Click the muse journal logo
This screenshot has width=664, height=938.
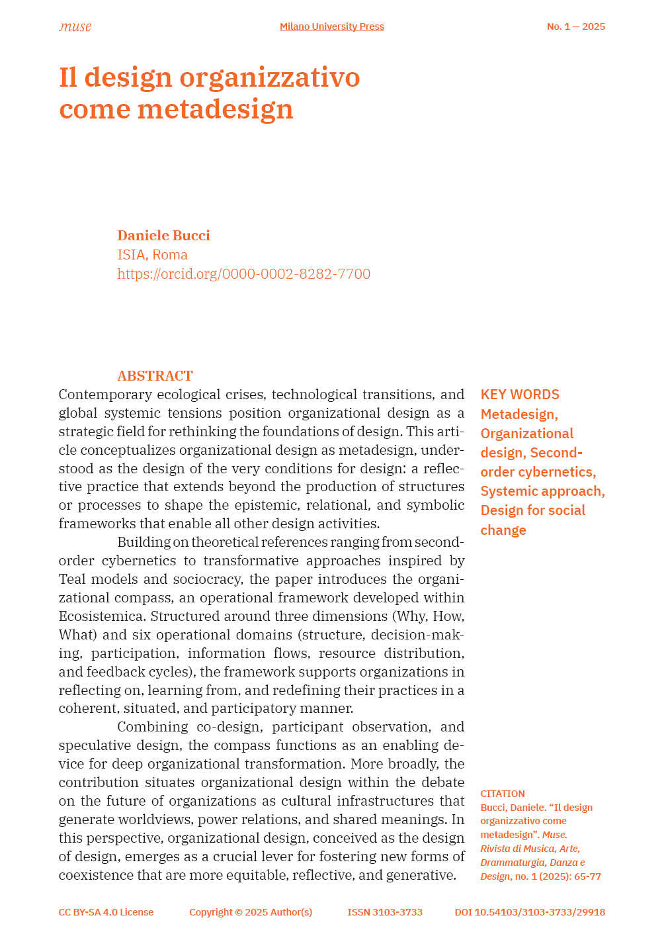75,27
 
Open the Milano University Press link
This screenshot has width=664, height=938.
331,26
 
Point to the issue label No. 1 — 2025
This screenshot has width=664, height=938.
575,26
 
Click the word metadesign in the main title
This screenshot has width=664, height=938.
215,109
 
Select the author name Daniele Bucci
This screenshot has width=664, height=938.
163,236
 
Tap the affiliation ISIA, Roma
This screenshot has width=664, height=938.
152,255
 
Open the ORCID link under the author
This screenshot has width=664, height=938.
243,274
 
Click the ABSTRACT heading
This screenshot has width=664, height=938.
155,376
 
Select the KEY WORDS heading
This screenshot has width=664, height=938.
520,395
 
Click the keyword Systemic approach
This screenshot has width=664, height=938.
542,491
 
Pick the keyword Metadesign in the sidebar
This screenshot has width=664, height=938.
519,414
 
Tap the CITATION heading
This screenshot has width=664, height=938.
503,794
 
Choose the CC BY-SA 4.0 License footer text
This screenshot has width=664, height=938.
106,912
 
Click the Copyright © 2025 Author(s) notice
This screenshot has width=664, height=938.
251,912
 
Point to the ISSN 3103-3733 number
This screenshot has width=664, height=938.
385,912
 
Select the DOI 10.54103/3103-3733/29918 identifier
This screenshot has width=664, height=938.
530,912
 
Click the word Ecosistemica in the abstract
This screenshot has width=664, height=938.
103,616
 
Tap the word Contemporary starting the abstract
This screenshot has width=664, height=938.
103,395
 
